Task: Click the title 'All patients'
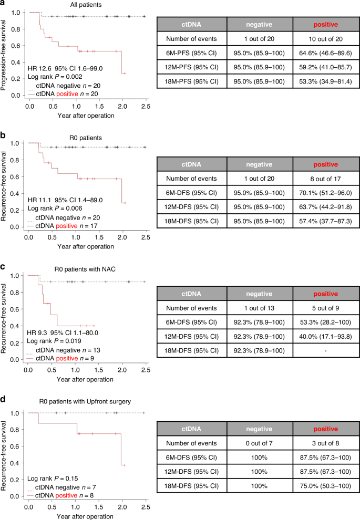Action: [x=73, y=5]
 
